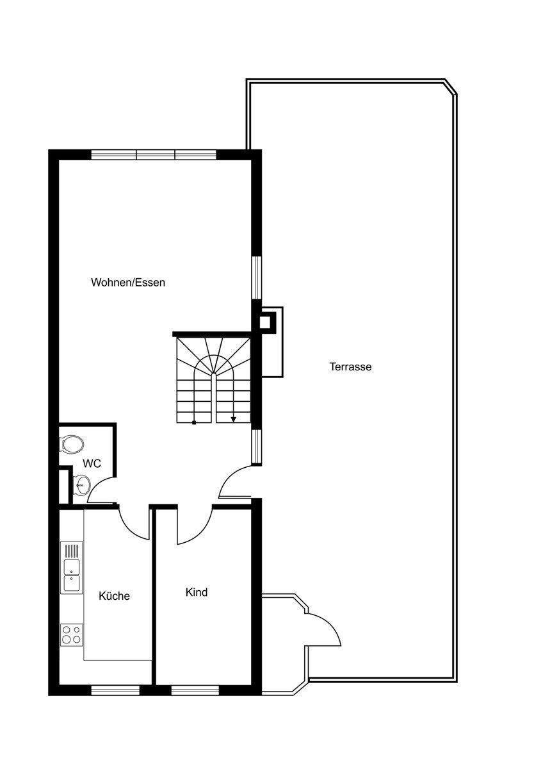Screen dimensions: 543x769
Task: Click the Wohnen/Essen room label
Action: point(128,283)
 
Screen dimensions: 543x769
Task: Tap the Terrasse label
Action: point(350,367)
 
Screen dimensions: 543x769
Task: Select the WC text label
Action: point(92,463)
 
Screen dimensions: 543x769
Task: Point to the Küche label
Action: point(114,595)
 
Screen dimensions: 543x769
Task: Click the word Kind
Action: point(197,592)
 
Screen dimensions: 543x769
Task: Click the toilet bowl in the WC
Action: point(71,443)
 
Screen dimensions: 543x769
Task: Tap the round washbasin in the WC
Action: point(81,484)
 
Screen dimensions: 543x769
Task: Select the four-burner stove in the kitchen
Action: point(72,635)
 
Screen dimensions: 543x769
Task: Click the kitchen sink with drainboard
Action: point(72,568)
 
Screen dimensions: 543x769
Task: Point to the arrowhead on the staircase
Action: point(233,419)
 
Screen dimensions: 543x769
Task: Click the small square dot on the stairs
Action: point(194,423)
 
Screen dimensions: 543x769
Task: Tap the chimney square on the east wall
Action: point(264,323)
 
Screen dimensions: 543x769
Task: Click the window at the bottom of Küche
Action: point(115,690)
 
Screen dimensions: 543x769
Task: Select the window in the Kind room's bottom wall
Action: point(195,690)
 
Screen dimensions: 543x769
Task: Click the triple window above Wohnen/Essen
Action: point(154,154)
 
